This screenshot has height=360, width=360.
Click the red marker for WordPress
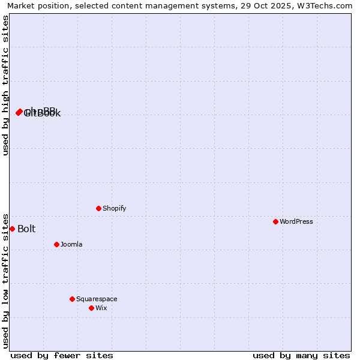point(275,221)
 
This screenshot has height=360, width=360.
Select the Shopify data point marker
point(98,208)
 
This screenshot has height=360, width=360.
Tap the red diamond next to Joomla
point(56,244)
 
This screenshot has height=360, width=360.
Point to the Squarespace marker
point(72,299)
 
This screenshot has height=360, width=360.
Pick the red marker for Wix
point(91,308)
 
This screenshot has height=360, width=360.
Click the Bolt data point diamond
point(12,229)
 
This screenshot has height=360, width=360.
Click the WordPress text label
point(296,221)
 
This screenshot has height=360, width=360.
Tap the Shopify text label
point(115,208)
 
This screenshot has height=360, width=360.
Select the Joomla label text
point(71,244)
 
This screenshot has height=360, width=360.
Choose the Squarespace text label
point(97,299)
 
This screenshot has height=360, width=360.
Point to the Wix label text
point(101,308)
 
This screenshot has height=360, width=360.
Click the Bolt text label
point(26,229)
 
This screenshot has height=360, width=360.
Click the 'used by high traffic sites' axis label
point(5,85)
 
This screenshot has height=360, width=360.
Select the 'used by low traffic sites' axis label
point(5,280)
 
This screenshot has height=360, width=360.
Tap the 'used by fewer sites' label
point(62,355)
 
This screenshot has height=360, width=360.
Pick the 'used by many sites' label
point(301,355)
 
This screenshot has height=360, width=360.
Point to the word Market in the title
point(21,5)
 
